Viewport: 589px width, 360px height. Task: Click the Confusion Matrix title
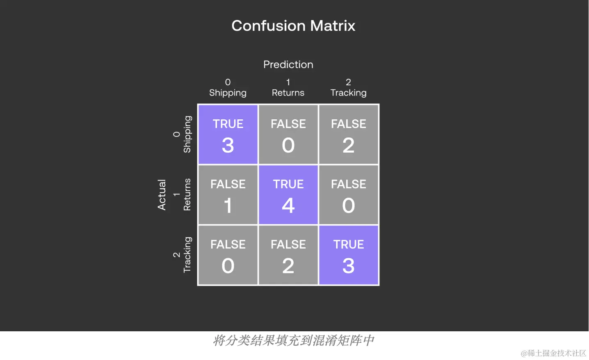[293, 26]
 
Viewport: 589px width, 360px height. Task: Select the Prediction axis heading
[288, 64]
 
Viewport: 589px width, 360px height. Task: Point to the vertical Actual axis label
[162, 195]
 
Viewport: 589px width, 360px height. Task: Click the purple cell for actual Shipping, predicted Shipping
[228, 134]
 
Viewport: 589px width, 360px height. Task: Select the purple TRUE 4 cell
[288, 195]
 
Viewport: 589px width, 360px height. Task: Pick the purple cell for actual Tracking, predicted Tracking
[349, 255]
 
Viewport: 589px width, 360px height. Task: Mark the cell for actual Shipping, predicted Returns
[288, 134]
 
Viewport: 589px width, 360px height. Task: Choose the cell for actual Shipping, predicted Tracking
[349, 134]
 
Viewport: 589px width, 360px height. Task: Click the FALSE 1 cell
[228, 195]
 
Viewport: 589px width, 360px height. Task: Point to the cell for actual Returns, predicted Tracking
[349, 195]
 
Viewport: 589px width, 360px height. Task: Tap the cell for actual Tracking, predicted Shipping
[228, 255]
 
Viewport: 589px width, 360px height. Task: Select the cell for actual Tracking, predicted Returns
[288, 255]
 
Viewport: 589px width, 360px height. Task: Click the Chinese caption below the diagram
[293, 340]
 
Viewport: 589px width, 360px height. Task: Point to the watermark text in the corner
[553, 353]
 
